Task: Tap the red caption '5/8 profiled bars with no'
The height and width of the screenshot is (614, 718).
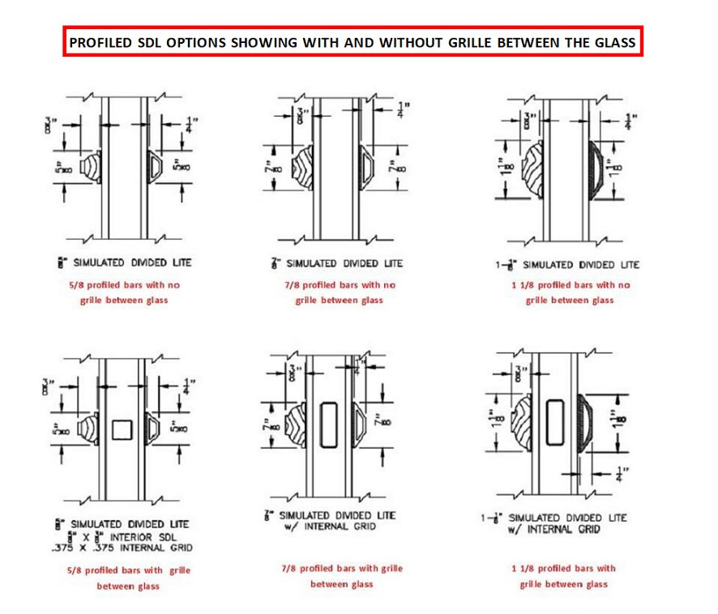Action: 129,285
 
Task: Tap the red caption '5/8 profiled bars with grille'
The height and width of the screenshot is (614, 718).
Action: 129,570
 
